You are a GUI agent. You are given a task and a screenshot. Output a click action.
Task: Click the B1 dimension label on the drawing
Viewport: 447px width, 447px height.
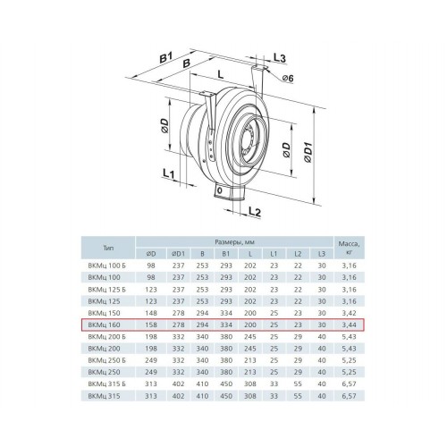tap(166, 57)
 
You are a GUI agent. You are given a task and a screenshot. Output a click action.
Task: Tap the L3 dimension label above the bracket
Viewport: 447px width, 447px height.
tap(279, 58)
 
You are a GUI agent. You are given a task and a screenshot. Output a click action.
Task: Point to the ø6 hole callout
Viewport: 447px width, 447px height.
tap(288, 78)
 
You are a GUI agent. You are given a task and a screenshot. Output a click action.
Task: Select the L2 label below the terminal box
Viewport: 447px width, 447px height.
tap(255, 212)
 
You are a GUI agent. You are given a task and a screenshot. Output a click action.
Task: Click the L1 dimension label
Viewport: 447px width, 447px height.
tap(169, 173)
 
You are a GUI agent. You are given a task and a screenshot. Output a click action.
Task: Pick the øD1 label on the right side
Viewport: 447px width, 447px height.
tap(309, 152)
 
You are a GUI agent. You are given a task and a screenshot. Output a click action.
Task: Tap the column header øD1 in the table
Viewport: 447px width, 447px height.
tap(178, 254)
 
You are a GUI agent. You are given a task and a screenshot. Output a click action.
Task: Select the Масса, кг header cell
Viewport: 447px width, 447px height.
tap(349, 248)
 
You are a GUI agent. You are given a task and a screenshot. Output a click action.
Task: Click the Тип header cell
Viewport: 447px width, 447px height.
tap(108, 248)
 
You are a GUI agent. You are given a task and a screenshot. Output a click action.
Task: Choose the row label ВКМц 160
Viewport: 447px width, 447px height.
tap(104, 325)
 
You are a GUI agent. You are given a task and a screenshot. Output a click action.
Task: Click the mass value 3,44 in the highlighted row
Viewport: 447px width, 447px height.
tap(349, 325)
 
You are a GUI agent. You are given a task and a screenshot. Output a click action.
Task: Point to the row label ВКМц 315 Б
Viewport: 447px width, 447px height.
tap(107, 384)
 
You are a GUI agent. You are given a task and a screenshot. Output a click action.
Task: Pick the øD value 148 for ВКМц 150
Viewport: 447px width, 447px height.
tap(151, 313)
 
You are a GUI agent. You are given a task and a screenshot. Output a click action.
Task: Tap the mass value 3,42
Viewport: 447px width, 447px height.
tap(349, 313)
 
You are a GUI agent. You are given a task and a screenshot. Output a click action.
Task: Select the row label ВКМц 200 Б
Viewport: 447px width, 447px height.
tap(107, 337)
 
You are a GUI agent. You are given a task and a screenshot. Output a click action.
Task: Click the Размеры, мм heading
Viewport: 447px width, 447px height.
tap(234, 242)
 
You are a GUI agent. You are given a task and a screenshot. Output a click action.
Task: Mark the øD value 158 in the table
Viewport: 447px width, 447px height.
tap(151, 325)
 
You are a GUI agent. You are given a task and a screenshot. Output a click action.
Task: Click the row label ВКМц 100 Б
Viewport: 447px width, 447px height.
tap(107, 266)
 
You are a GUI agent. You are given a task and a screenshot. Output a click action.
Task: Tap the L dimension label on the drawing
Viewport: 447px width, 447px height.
tap(221, 74)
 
